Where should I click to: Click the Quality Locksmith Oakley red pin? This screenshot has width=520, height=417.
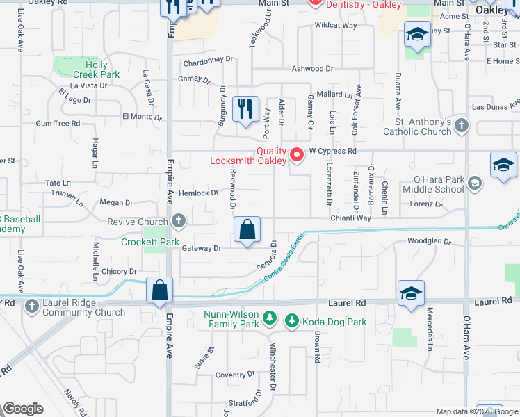coord(298,154)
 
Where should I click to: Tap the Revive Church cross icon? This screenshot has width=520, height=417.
coord(179,222)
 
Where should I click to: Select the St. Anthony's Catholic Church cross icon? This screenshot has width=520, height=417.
coord(463,126)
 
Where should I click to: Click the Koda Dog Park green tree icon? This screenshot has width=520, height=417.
coord(293,320)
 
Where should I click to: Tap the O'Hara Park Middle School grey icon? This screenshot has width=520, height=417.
coord(475,183)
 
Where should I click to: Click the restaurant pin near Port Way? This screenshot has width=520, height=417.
coord(245,111)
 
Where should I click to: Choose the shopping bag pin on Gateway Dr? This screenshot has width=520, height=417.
coord(247,231)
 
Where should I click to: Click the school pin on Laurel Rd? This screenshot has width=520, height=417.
coord(411,293)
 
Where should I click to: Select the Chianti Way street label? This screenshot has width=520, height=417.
coord(351,218)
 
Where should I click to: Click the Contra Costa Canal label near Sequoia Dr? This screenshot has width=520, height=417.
coord(286,261)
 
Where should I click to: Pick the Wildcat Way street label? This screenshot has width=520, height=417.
coord(335,25)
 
